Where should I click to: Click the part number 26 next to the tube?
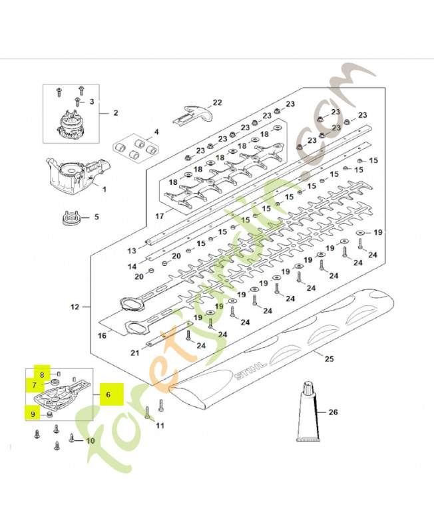click(333, 412)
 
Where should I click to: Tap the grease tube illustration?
click(308, 412)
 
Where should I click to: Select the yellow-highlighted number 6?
click(108, 394)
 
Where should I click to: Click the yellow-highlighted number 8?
click(42, 375)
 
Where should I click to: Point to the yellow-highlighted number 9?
click(33, 414)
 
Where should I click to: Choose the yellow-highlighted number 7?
click(35, 386)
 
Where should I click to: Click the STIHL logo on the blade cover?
click(250, 371)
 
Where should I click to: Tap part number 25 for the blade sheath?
click(329, 358)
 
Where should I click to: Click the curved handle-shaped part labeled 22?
click(192, 114)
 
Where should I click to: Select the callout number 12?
click(75, 307)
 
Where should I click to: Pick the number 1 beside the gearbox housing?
click(105, 189)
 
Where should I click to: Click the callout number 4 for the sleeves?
click(156, 132)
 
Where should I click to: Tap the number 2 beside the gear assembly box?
click(116, 112)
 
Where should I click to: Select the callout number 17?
click(160, 215)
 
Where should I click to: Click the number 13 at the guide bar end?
click(132, 251)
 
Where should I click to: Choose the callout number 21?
click(135, 353)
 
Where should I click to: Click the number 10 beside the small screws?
click(90, 441)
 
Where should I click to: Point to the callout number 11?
click(160, 425)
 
